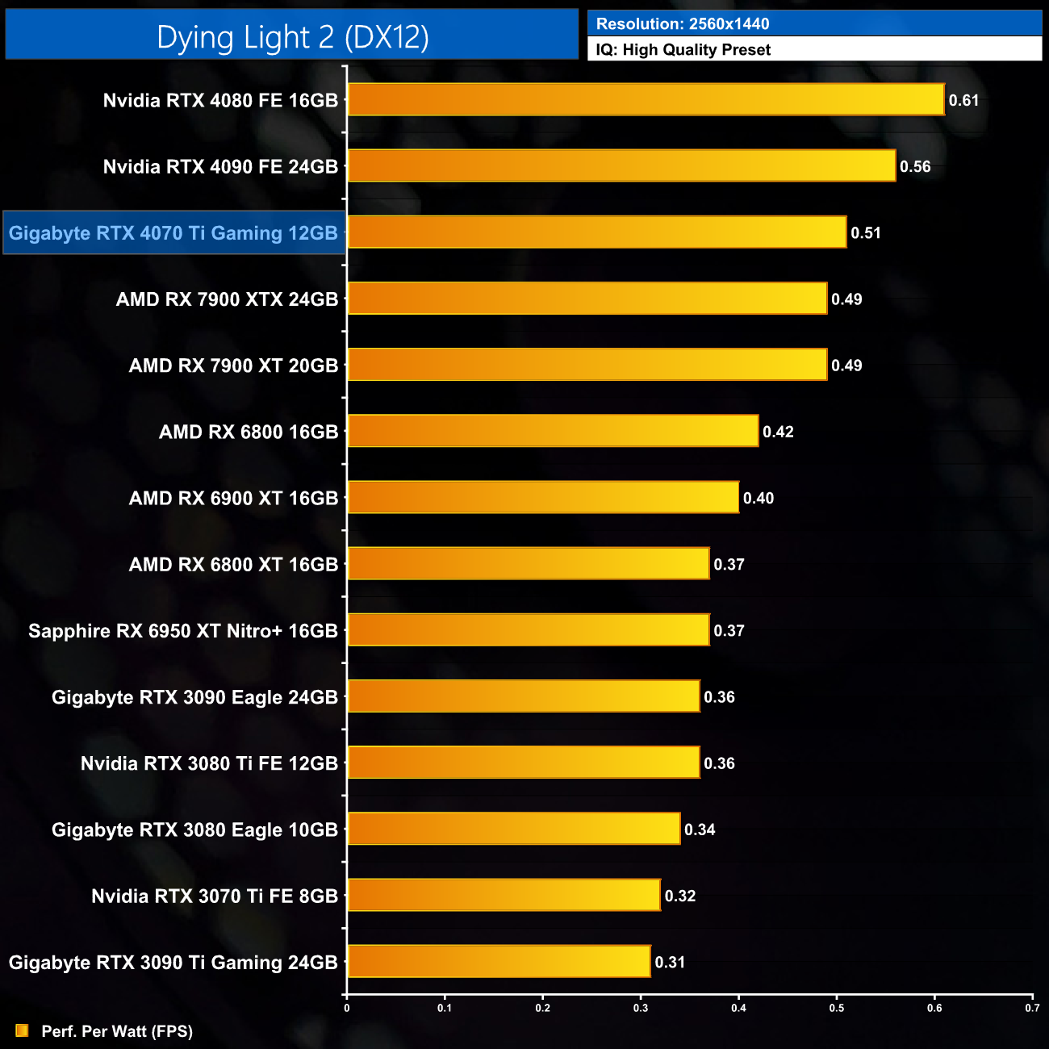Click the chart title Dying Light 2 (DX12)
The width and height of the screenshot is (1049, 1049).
(292, 37)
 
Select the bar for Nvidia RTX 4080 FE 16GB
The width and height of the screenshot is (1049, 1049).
(646, 100)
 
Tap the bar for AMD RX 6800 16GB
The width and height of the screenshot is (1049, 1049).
(553, 431)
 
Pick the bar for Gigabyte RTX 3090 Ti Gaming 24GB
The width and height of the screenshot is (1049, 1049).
(499, 961)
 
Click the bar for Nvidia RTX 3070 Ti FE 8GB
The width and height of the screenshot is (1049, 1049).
(504, 895)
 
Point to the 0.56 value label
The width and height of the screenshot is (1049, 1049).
(915, 167)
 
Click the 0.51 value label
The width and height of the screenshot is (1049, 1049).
(866, 233)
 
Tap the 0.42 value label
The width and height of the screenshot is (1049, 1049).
(778, 432)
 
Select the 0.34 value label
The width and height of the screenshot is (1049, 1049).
(700, 830)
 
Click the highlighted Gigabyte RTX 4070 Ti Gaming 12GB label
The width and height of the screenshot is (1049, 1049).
(173, 233)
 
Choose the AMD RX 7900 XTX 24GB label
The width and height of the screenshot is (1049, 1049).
(227, 299)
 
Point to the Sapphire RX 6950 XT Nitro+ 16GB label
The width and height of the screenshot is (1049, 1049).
(183, 631)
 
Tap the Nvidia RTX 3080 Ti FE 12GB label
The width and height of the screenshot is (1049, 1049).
(209, 763)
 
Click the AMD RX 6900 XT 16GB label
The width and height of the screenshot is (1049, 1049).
(233, 498)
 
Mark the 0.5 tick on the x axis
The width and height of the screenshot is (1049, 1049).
(837, 1008)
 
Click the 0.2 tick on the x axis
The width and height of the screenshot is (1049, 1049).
(543, 1008)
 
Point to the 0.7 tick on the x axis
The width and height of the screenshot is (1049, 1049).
(1032, 1008)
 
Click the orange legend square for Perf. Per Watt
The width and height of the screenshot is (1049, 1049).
(22, 1030)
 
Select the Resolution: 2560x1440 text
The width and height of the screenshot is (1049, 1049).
(683, 24)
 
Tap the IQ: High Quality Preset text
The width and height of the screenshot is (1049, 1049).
(683, 50)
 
